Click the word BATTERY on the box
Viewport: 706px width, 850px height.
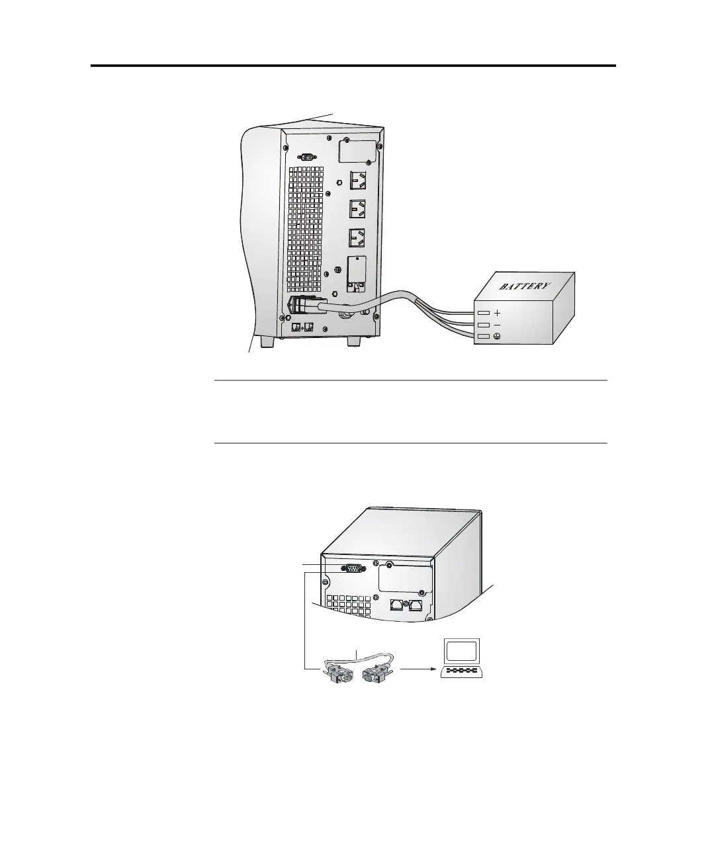[x=524, y=286]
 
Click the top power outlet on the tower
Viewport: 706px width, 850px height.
[x=358, y=179]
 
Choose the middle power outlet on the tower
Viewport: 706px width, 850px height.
[x=358, y=209]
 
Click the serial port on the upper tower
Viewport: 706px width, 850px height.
[x=306, y=157]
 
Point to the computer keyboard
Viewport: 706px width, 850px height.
[x=463, y=671]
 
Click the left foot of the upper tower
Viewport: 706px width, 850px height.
[x=267, y=341]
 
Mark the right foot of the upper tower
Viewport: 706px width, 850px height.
[x=355, y=341]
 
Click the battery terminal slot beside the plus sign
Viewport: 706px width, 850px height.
[x=484, y=313]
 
